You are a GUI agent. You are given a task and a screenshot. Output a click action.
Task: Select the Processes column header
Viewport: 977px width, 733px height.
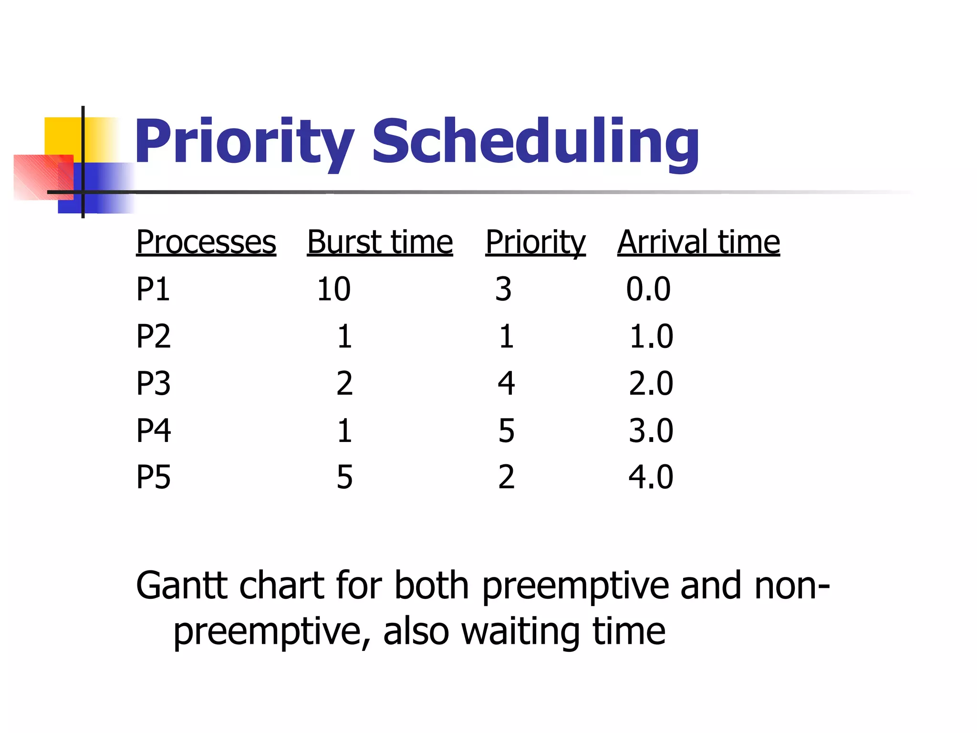[206, 242]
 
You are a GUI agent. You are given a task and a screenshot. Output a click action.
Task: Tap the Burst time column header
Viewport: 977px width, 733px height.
[380, 242]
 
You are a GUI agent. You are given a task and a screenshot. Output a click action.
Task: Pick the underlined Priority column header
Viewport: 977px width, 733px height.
[535, 242]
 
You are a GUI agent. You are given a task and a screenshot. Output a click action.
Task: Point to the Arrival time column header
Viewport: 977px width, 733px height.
[698, 242]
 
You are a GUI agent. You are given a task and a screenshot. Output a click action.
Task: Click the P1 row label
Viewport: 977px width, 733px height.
[153, 289]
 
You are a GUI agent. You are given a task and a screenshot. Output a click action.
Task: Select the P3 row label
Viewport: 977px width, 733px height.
[153, 383]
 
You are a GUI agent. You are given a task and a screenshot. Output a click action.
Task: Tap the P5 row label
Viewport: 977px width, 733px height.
[153, 477]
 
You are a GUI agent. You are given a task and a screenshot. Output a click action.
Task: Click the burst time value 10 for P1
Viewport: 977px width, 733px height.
[334, 289]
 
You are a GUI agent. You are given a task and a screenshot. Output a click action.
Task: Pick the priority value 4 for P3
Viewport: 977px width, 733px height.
[506, 383]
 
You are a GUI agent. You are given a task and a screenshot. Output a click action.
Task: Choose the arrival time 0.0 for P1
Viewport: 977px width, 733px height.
[648, 289]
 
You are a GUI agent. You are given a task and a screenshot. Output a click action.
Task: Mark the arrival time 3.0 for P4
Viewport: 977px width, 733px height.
[651, 430]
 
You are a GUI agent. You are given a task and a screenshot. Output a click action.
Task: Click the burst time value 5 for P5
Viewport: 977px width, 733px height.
[344, 477]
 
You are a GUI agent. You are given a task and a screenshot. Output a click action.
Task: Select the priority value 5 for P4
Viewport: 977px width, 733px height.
[506, 430]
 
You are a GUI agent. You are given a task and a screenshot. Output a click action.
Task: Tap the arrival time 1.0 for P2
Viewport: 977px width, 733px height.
[651, 336]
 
